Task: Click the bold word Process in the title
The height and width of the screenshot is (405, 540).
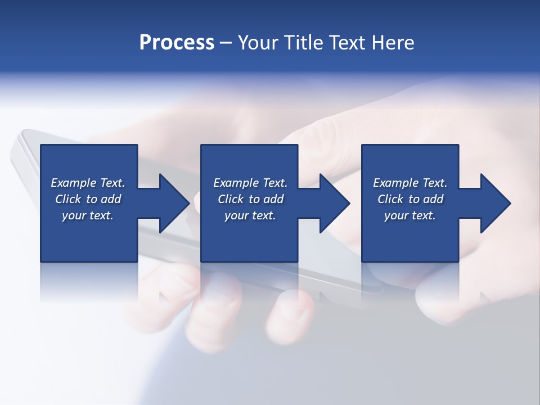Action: [177, 43]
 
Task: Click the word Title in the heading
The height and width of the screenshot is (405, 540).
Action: [303, 43]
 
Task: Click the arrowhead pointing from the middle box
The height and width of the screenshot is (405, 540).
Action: [334, 203]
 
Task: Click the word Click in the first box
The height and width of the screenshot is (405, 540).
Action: [68, 199]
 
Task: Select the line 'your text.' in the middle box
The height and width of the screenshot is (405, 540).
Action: [250, 215]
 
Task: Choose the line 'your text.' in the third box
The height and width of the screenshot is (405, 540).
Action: [410, 215]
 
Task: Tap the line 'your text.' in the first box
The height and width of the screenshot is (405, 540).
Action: [88, 215]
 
